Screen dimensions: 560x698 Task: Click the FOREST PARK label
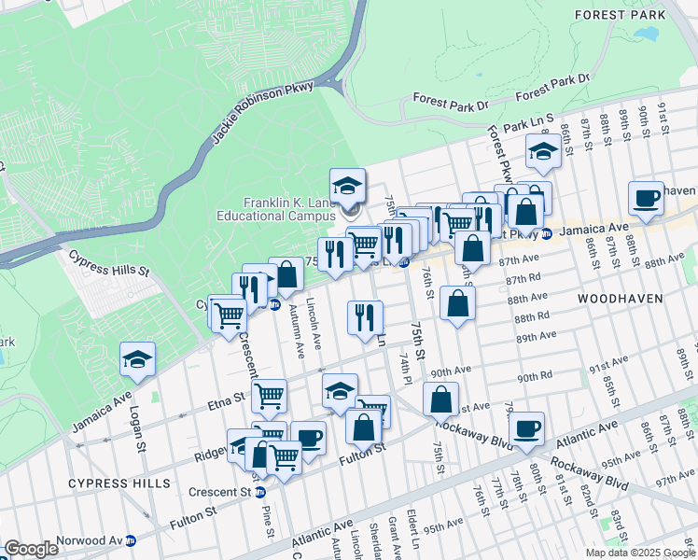[x=634, y=15]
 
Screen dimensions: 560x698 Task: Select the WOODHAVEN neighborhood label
[x=619, y=299]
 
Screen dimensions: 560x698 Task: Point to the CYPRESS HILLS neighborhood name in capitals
[x=119, y=483]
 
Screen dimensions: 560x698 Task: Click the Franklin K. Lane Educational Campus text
[x=290, y=209]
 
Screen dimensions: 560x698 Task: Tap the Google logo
[x=31, y=549]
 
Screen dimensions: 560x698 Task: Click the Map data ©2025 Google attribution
[x=640, y=553]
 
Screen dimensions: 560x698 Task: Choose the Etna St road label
[x=227, y=399]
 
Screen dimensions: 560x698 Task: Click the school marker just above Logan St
[x=137, y=360]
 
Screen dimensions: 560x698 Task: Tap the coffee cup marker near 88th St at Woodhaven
[x=646, y=198]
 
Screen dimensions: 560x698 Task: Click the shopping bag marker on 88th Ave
[x=458, y=303]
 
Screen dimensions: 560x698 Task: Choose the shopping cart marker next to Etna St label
[x=269, y=395]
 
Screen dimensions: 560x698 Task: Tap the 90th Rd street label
[x=537, y=376]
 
